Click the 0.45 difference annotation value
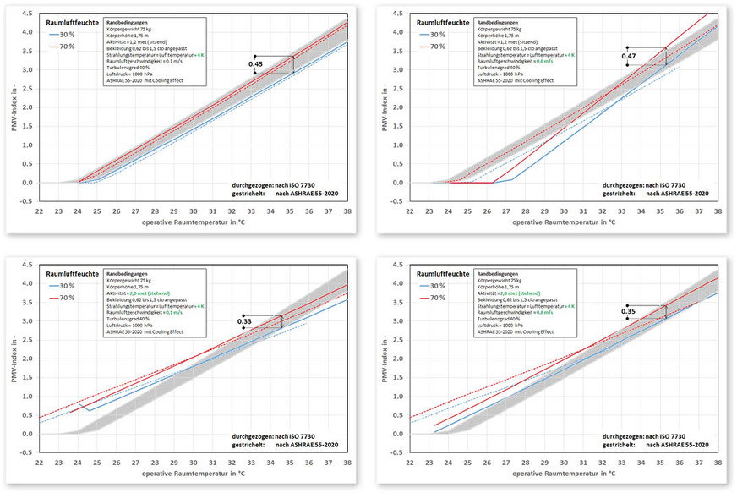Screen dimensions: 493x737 click(255, 64)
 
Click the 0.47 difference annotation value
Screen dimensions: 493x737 click(628, 56)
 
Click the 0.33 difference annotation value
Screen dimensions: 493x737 click(244, 321)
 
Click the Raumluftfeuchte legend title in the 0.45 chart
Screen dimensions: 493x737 click(71, 24)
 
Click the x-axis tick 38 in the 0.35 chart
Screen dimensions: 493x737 click(718, 464)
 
